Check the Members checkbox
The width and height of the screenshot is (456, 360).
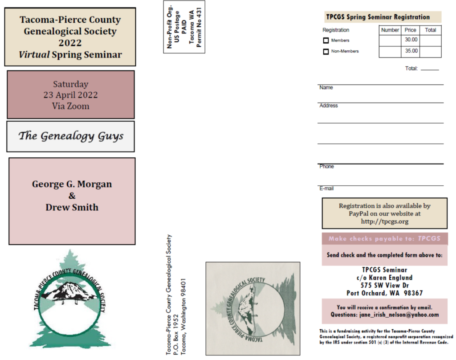coord(326,41)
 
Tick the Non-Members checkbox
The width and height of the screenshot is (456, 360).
coord(326,52)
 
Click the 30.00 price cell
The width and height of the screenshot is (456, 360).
coord(411,40)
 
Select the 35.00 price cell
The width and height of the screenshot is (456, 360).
coord(411,51)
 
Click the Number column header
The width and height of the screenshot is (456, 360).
coord(390,30)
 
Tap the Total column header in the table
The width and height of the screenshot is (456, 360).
coord(430,30)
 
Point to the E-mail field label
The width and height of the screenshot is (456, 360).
coord(326,188)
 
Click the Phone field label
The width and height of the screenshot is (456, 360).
coord(326,167)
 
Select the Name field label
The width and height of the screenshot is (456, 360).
coord(326,88)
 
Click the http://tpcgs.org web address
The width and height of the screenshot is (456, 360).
coord(384,221)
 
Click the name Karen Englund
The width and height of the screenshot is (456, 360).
coord(391,278)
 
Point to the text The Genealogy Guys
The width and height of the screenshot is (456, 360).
coord(71,136)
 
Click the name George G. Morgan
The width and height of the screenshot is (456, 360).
coord(72,184)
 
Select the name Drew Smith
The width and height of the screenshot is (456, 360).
coord(72,207)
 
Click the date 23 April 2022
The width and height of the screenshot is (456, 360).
coord(70,95)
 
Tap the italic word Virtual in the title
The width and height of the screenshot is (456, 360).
coord(34,55)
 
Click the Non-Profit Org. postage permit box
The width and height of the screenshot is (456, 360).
coord(184,27)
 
